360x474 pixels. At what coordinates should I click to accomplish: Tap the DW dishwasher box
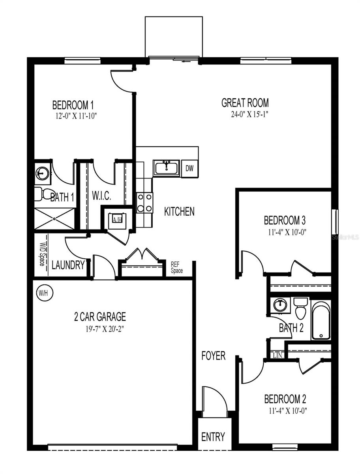point(190,169)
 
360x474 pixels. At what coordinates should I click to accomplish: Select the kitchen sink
point(167,168)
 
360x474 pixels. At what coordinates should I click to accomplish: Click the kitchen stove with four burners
point(144,202)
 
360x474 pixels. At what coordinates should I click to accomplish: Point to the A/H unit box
point(117,219)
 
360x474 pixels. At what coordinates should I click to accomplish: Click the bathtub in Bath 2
point(321,320)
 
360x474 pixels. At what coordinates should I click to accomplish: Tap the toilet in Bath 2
point(301,308)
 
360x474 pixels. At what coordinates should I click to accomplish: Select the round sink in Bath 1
point(42,173)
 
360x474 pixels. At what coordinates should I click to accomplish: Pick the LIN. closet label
point(278,355)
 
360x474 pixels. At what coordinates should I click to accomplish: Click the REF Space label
point(176,267)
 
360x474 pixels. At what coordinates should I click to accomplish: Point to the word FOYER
point(214,355)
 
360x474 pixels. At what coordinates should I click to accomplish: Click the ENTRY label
point(213,437)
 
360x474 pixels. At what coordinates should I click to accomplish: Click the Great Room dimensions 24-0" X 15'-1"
point(245,115)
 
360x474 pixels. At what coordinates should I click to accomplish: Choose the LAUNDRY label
point(68,265)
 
